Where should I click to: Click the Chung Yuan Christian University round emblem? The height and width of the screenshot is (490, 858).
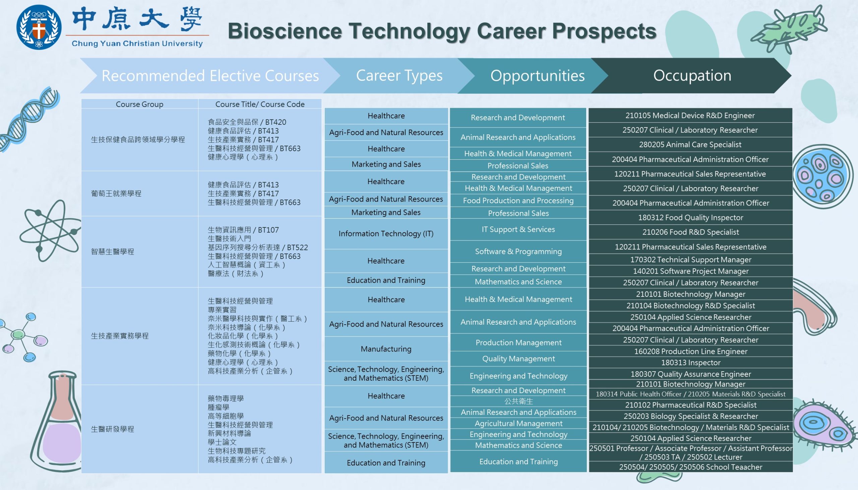39,27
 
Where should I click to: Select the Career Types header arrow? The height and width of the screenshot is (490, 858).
399,75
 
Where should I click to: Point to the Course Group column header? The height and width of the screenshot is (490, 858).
139,104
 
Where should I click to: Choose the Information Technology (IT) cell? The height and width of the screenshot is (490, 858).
386,233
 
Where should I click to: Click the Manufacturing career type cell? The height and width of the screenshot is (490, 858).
386,349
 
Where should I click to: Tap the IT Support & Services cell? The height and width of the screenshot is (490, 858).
518,229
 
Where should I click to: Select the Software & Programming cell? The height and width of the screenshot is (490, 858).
518,251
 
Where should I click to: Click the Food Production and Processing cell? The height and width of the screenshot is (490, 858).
518,200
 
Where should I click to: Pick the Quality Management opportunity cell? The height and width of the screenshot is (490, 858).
518,359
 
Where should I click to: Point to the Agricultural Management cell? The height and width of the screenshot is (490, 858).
518,423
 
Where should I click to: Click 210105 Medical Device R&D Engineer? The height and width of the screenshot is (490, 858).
690,115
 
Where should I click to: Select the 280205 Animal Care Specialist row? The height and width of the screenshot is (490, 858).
690,144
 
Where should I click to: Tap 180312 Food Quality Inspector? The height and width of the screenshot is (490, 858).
690,217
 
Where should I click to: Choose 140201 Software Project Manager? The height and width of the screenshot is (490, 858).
690,271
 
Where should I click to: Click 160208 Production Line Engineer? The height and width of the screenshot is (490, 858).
690,351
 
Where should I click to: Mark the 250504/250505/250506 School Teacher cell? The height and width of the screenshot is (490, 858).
690,467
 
